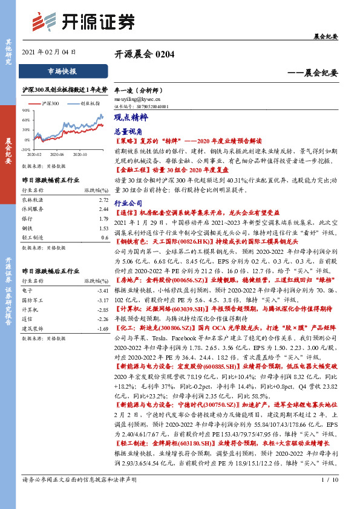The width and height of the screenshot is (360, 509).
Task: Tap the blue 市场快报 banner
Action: tap(62, 71)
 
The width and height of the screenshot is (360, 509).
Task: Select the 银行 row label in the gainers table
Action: tap(27, 218)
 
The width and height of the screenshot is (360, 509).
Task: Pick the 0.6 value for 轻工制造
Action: tap(104, 238)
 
